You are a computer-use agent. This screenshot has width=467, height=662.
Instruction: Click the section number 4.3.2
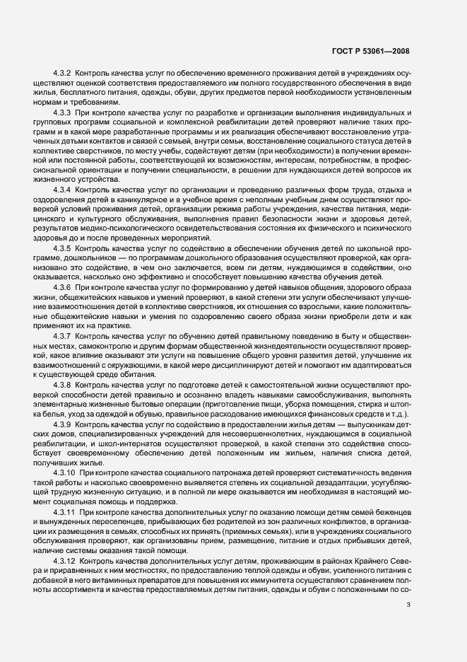(63, 74)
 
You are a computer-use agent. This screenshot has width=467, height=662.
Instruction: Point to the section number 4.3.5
(63, 269)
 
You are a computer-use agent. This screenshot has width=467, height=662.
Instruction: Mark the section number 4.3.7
(63, 355)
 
